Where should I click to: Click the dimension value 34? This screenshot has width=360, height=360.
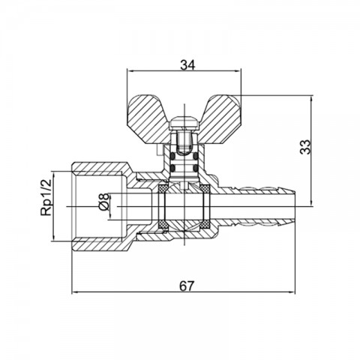click(x=187, y=65)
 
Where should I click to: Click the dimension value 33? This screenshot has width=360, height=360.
click(x=305, y=147)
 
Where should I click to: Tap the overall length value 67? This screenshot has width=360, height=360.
click(x=187, y=286)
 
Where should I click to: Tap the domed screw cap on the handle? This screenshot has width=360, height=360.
click(x=184, y=122)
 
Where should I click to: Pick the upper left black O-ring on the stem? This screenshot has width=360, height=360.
click(x=172, y=156)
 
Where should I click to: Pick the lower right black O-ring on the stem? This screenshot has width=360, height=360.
click(x=196, y=167)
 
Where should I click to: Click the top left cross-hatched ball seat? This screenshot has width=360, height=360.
click(x=163, y=188)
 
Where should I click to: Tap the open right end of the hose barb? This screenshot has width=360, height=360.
click(x=295, y=206)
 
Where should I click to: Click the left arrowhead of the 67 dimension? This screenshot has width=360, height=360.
click(x=74, y=292)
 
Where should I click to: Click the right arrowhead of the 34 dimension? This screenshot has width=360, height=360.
click(x=238, y=70)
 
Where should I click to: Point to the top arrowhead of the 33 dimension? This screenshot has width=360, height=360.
click(x=311, y=98)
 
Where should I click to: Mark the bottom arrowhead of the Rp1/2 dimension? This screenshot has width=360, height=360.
click(x=53, y=238)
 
